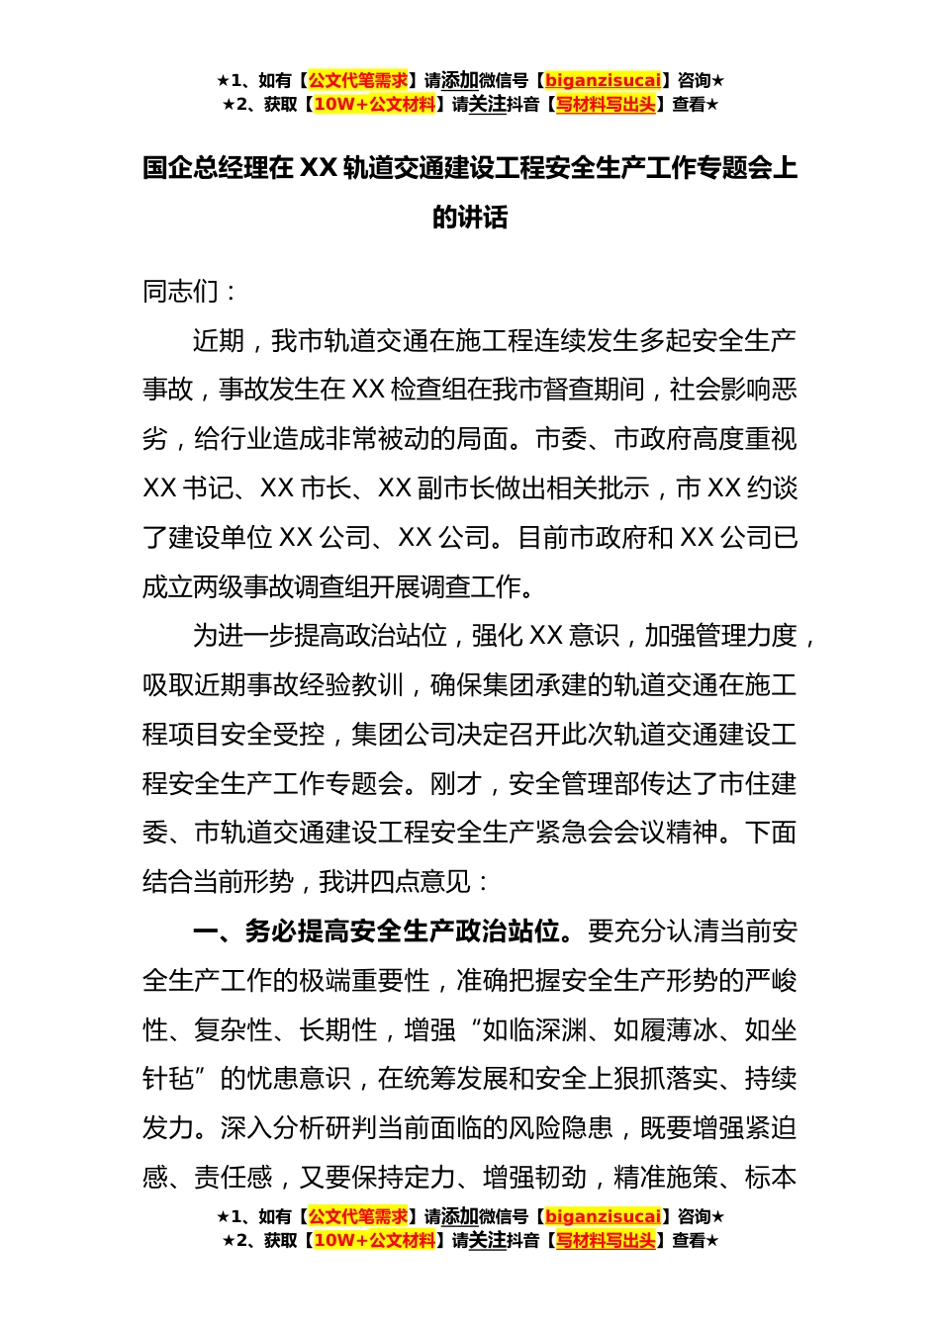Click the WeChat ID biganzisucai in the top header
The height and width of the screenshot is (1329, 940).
click(603, 80)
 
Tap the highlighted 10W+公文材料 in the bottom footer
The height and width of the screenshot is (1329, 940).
click(374, 1240)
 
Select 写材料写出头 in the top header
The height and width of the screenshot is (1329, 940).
click(606, 104)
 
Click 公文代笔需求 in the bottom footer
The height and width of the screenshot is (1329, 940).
click(358, 1216)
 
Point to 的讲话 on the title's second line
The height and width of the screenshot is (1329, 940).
click(470, 218)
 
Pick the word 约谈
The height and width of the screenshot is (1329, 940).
click(772, 488)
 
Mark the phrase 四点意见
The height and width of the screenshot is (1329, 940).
click(421, 882)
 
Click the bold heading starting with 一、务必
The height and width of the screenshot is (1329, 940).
click(382, 931)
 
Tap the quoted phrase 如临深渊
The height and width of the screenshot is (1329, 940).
click(534, 1030)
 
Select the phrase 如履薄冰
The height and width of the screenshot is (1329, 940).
click(665, 1030)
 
